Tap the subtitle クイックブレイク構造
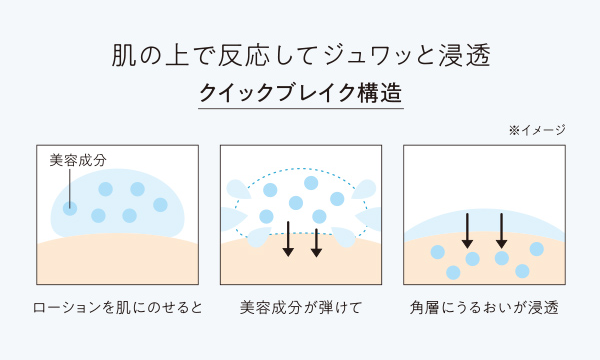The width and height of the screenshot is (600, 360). [300, 93]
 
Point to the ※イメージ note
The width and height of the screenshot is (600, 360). [537, 130]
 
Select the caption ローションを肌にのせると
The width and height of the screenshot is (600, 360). [117, 306]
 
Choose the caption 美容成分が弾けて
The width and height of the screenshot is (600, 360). [300, 306]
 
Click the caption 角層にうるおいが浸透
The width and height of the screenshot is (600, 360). [483, 306]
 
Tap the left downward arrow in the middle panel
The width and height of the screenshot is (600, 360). [288, 238]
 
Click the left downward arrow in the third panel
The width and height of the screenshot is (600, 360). [467, 229]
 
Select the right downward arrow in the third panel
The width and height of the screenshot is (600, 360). [501, 229]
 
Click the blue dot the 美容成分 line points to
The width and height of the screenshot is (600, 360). [69, 208]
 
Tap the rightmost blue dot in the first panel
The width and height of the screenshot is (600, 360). [160, 205]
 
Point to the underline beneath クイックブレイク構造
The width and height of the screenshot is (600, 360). [300, 109]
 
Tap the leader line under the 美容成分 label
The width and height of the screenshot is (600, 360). [69, 185]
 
